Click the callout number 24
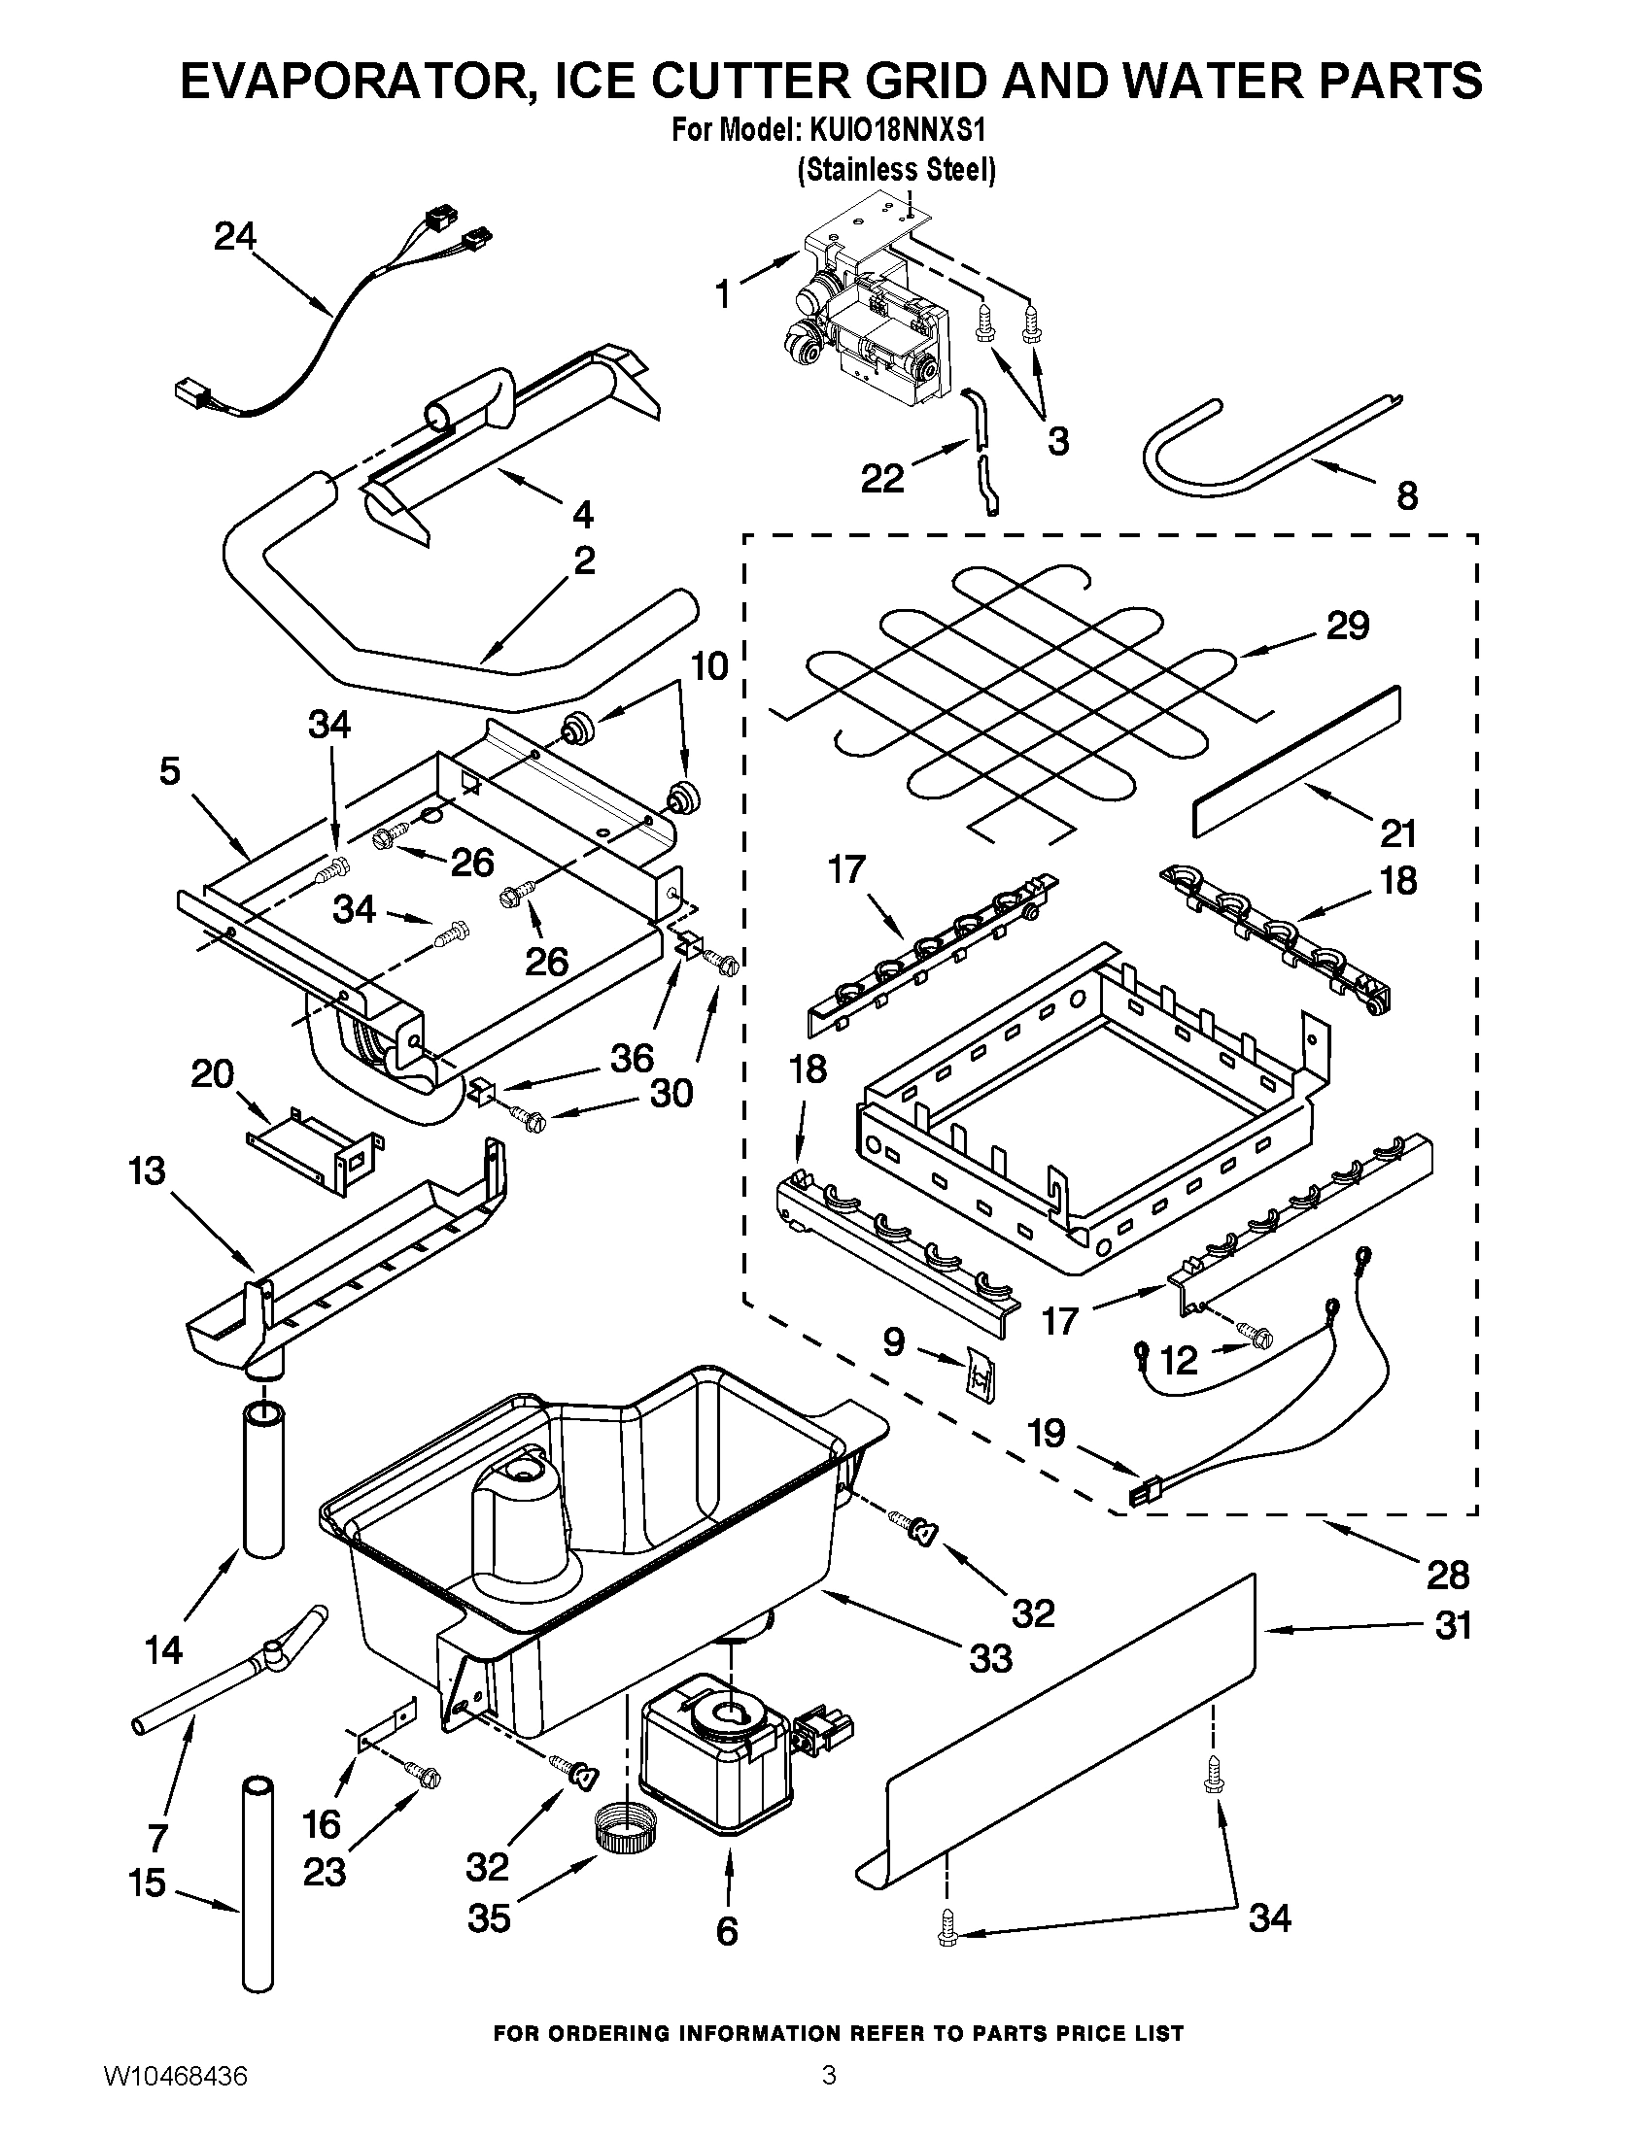click(x=235, y=237)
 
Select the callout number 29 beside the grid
click(x=1348, y=627)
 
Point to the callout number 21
click(x=1398, y=833)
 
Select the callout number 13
click(x=147, y=1171)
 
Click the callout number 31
click(x=1454, y=1626)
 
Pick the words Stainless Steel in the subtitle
click(x=897, y=170)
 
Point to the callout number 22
click(x=881, y=480)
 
